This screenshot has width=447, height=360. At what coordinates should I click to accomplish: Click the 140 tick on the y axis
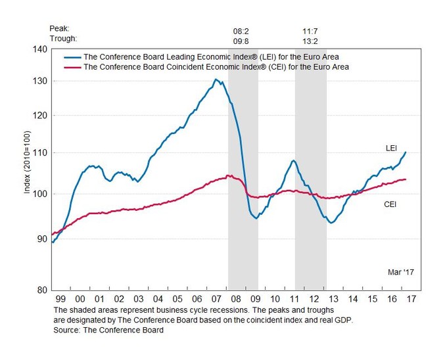pos(41,49)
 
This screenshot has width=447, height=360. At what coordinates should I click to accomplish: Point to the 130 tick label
pos(41,81)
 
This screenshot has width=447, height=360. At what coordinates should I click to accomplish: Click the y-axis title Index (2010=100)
pos(27,169)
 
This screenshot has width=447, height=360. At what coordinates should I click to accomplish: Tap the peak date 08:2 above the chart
pos(242,30)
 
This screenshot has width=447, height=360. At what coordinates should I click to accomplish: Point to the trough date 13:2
pos(311,39)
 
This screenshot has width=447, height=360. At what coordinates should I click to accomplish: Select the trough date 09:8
pos(242,39)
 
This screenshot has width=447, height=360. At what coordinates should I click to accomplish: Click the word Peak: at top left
pos(59,30)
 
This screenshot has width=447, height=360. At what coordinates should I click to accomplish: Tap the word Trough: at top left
pos(62,39)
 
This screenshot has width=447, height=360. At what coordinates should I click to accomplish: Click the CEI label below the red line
pos(392,205)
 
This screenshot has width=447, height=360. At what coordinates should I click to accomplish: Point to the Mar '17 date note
pos(401,271)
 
